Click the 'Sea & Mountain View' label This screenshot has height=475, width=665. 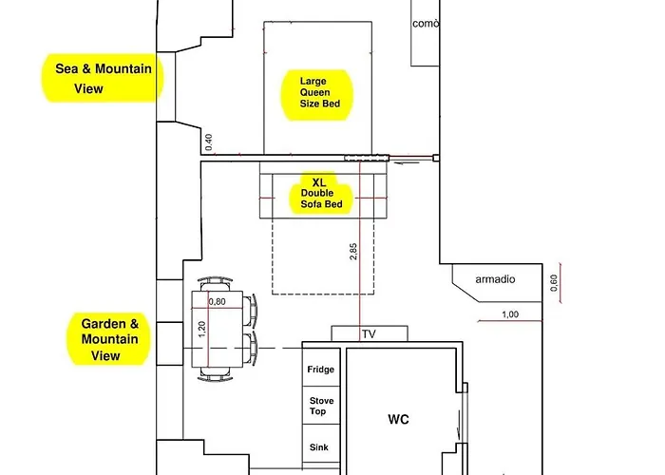[x=103, y=79]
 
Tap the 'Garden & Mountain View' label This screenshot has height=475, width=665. [x=109, y=339]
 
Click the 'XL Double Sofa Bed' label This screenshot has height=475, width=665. [x=321, y=194]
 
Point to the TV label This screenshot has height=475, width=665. [x=369, y=334]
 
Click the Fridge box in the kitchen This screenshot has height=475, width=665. [x=321, y=368]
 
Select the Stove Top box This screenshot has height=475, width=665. [x=321, y=406]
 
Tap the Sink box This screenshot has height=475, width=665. [x=321, y=444]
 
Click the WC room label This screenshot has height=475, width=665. [x=398, y=420]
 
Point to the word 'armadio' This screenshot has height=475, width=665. [x=495, y=279]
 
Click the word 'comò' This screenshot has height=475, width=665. [x=426, y=24]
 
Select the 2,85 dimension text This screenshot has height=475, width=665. [x=353, y=252]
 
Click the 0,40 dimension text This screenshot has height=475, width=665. [x=209, y=142]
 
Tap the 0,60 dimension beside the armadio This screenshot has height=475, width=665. [x=554, y=283]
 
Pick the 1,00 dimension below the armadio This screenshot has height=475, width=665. [x=510, y=314]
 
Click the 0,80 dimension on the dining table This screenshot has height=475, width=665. [x=218, y=302]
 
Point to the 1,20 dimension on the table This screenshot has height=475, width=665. [x=201, y=330]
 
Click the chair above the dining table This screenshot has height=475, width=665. [x=215, y=283]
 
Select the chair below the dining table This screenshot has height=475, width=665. [x=215, y=374]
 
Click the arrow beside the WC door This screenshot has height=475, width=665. [x=459, y=425]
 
